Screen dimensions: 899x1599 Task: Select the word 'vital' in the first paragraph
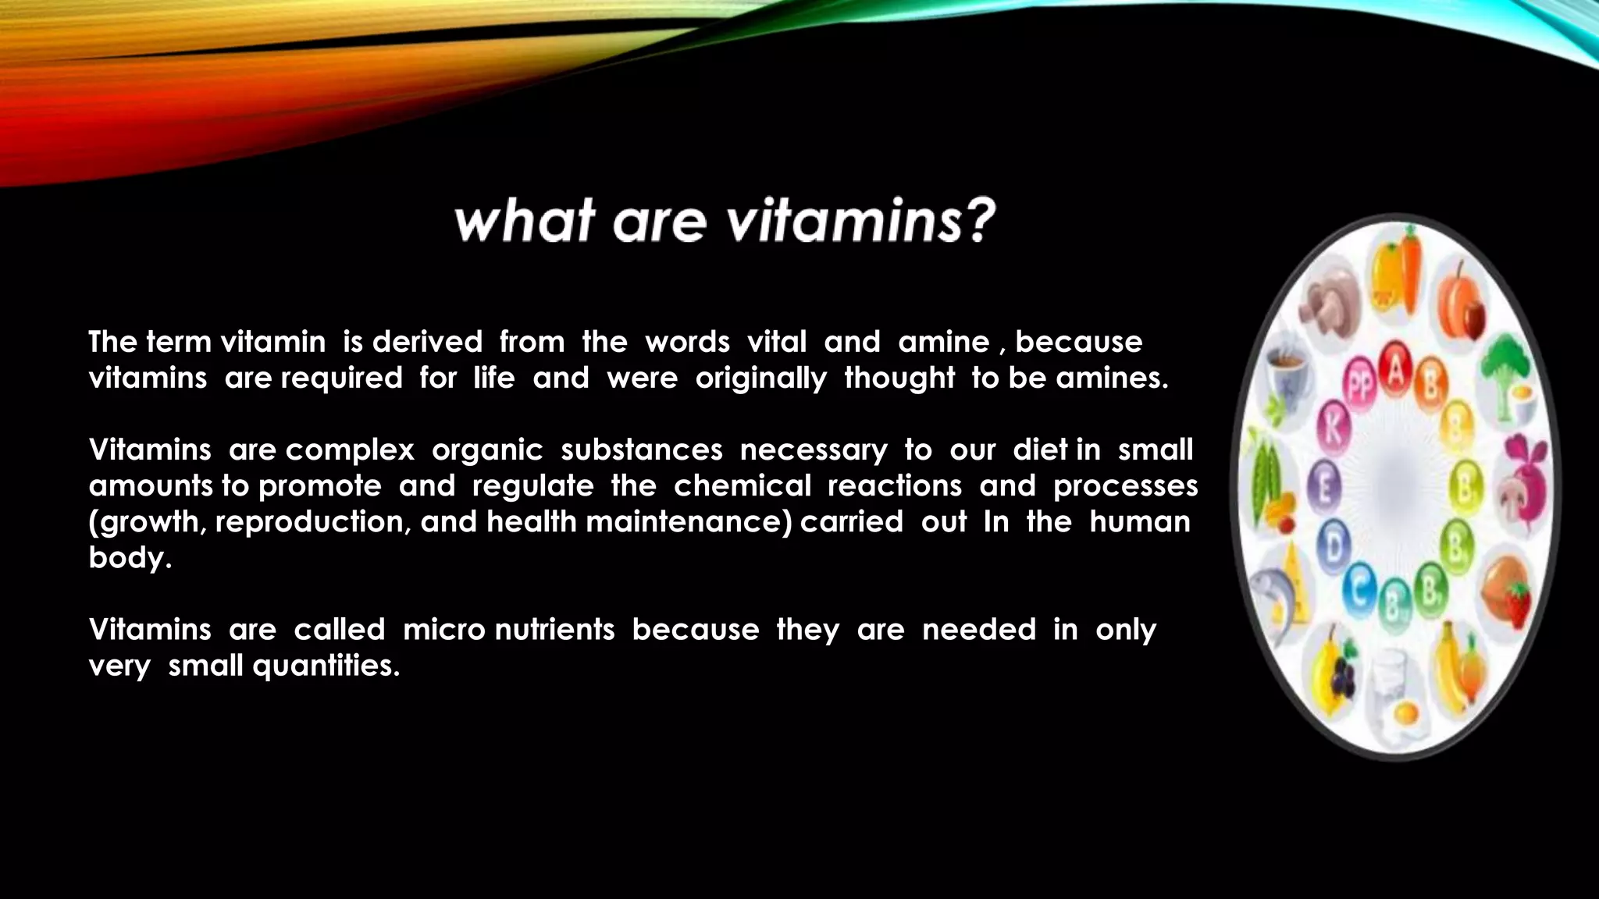776,342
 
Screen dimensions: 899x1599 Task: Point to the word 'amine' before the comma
943,342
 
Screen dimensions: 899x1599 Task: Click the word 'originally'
760,378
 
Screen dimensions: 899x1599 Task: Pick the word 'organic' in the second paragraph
486,450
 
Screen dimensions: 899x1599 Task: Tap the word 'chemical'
742,486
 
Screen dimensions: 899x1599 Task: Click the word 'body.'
130,558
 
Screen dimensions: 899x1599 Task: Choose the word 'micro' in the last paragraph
443,630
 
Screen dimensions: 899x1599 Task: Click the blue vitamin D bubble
1334,546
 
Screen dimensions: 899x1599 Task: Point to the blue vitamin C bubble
1360,591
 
